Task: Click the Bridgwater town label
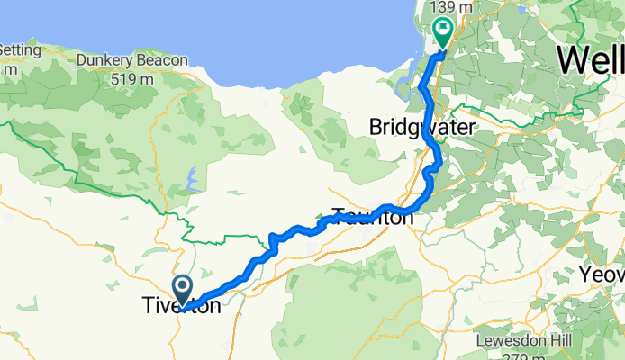[x=421, y=129]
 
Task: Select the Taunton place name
[x=373, y=216]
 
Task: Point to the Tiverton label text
[x=180, y=307]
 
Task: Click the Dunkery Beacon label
[x=132, y=60]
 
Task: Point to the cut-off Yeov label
[x=602, y=274]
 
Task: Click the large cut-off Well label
[x=590, y=60]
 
